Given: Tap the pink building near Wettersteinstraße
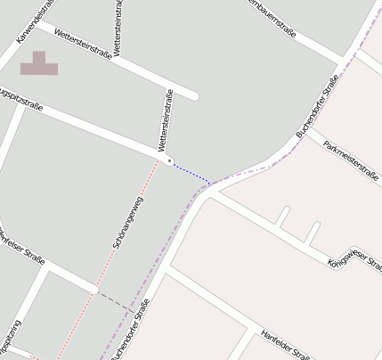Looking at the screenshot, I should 39,64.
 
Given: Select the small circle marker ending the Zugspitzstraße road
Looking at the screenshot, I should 168,161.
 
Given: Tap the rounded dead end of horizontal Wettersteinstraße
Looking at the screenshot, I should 193,94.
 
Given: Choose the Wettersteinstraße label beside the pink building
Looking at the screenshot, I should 83,44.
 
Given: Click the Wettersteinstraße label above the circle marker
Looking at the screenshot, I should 167,121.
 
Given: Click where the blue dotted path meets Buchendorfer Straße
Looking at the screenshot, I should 211,184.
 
